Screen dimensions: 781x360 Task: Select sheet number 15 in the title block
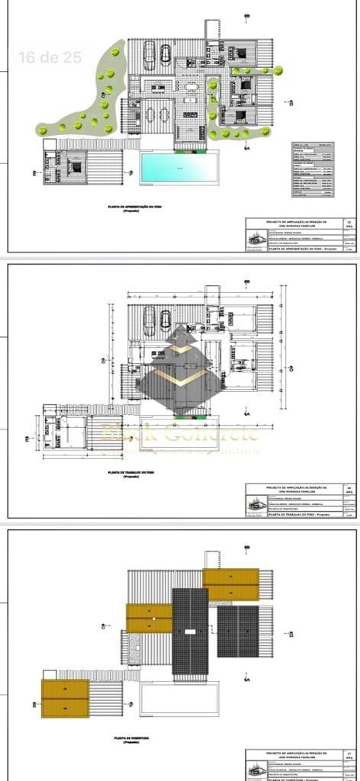click(x=349, y=225)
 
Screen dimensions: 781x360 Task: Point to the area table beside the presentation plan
click(x=313, y=169)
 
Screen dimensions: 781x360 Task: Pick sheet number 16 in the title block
click(x=349, y=491)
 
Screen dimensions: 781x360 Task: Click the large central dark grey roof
click(x=190, y=631)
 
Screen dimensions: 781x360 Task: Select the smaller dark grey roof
click(x=237, y=631)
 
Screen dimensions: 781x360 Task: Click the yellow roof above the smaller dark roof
click(x=230, y=584)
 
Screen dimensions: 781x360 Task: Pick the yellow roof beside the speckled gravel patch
click(x=149, y=618)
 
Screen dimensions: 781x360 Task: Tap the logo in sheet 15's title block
click(x=253, y=241)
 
